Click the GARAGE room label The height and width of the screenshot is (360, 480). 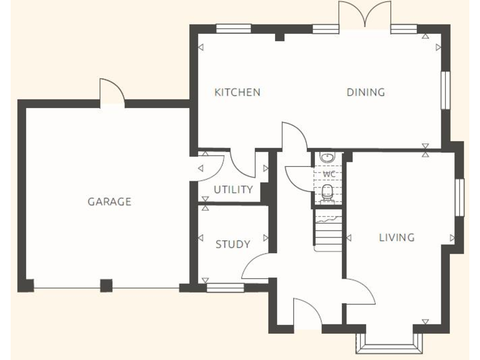[x=109, y=202]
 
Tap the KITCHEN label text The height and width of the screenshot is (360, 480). [x=237, y=92]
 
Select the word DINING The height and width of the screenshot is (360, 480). [x=366, y=92]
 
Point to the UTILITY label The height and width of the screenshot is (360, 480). [x=233, y=189]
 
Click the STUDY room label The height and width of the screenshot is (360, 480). [x=232, y=244]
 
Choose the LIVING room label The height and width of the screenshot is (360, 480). [x=396, y=237]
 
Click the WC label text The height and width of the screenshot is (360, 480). [x=329, y=174]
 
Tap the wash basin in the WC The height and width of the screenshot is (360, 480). [x=327, y=157]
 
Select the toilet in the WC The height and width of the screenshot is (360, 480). [x=327, y=193]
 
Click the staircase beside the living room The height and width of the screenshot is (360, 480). [x=328, y=231]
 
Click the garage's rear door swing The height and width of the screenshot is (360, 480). [x=112, y=92]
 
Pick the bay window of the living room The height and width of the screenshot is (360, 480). [x=388, y=342]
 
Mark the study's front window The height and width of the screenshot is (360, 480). [x=226, y=287]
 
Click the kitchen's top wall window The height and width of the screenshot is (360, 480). [x=233, y=28]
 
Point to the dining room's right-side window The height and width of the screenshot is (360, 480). [x=445, y=90]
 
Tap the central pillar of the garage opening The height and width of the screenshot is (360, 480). [x=106, y=286]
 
